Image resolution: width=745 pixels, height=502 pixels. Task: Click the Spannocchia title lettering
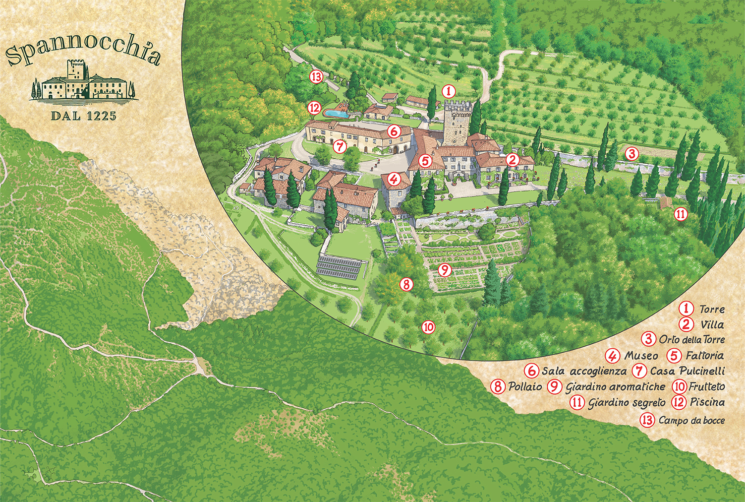(83, 50)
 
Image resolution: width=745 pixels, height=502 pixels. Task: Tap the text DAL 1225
(83, 116)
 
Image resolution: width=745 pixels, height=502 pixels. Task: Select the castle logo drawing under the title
(83, 81)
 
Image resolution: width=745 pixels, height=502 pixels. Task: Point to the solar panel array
(339, 267)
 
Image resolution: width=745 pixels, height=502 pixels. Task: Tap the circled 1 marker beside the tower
(448, 91)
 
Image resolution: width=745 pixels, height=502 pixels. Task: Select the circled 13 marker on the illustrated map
(316, 77)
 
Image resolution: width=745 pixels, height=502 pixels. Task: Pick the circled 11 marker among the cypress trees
(681, 214)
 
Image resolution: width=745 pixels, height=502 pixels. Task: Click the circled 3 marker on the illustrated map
(631, 154)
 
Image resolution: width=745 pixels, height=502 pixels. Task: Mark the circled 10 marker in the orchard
(428, 327)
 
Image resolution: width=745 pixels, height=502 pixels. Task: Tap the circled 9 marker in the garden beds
(445, 270)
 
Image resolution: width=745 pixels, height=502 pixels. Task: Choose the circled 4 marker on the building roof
(394, 179)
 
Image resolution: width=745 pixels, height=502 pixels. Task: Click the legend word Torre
(711, 309)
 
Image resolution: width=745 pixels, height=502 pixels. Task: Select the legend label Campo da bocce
(691, 420)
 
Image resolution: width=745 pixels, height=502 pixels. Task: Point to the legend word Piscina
(707, 402)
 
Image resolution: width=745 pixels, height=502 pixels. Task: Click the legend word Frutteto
(707, 386)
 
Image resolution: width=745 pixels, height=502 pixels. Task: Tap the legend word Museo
(641, 356)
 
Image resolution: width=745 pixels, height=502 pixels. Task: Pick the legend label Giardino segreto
(627, 402)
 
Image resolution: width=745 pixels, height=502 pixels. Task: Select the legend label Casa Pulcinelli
(687, 371)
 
